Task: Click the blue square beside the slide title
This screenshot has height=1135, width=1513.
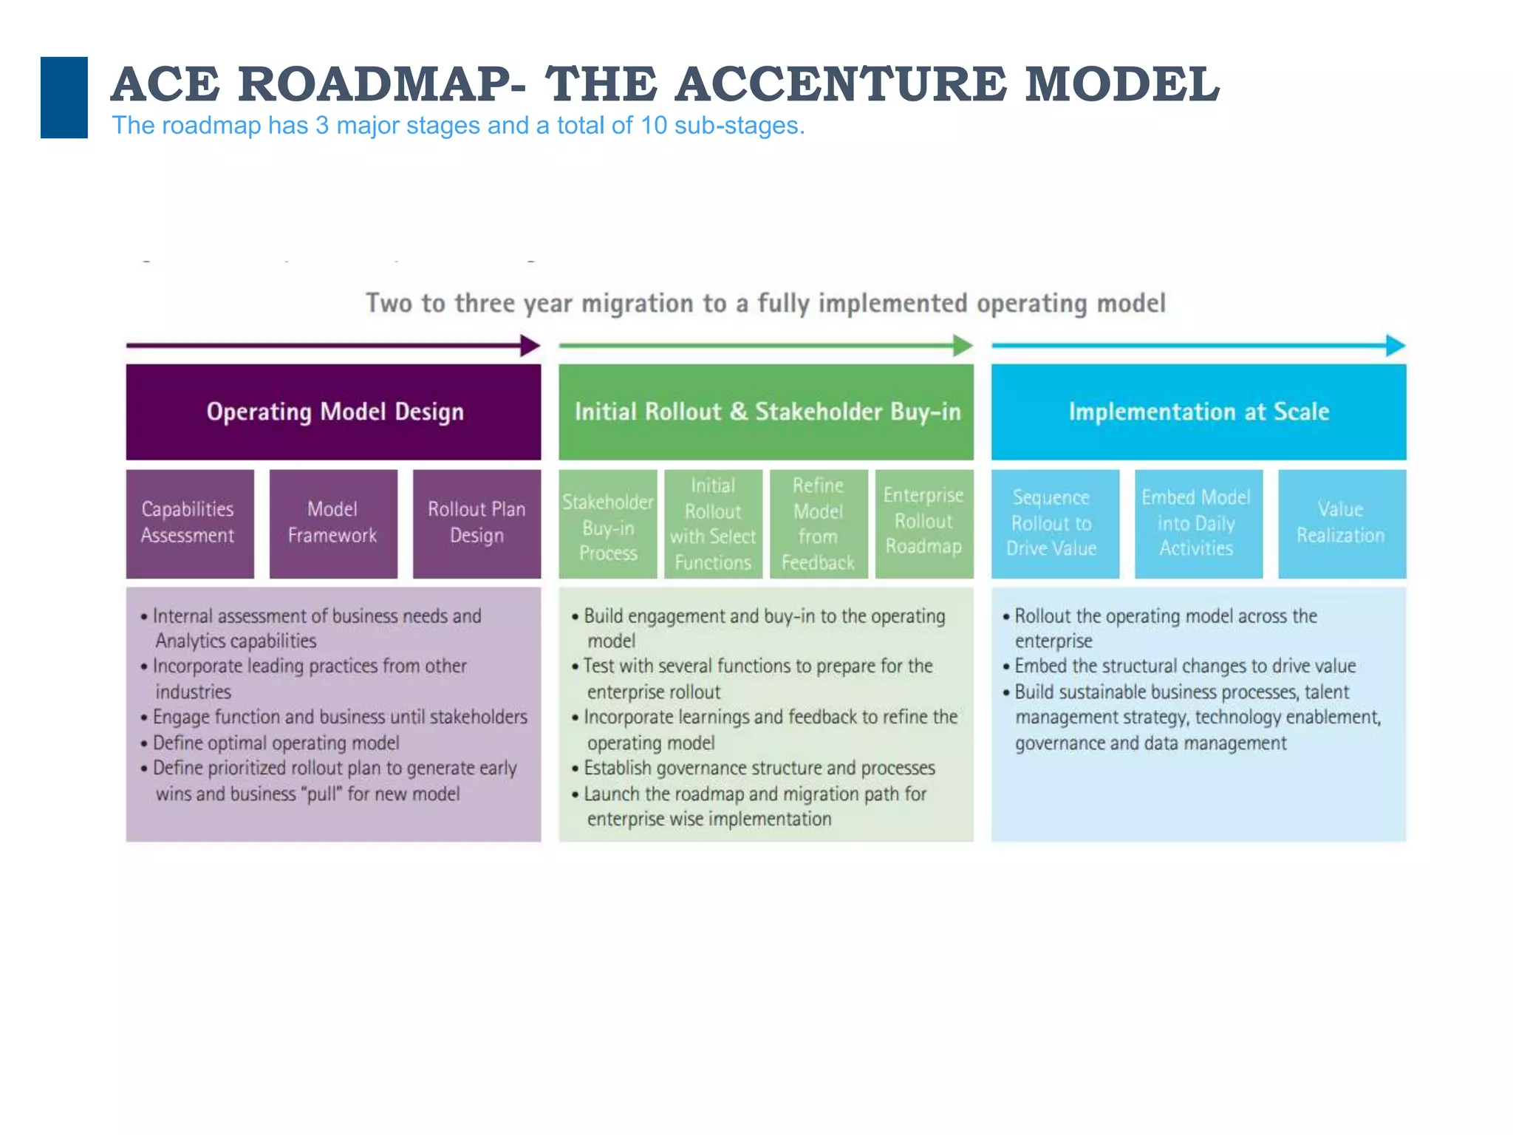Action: point(64,97)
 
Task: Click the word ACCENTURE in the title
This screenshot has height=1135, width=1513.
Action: point(841,83)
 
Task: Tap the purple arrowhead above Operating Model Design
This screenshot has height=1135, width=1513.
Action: point(530,345)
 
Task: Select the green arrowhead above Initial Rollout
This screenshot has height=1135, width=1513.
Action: point(962,345)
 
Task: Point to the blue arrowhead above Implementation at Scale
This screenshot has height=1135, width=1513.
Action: point(1395,345)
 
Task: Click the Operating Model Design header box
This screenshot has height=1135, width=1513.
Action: point(333,412)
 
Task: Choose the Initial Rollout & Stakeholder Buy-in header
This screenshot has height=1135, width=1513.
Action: point(766,412)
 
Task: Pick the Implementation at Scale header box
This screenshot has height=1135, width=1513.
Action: point(1198,412)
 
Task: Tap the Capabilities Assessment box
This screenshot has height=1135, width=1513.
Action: point(190,523)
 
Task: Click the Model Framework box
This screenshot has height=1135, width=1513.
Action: point(333,523)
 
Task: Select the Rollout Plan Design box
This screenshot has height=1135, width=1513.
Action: point(477,523)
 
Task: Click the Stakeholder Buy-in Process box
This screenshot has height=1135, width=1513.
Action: point(607,523)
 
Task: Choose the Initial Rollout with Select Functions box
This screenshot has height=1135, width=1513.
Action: point(713,523)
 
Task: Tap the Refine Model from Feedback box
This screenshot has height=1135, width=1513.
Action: point(819,523)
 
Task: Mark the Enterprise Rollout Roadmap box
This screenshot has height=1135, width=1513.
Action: point(924,523)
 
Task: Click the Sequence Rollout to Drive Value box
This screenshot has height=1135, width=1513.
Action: point(1055,523)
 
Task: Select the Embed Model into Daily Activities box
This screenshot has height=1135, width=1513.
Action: point(1198,523)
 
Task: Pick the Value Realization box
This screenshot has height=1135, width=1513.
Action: point(1342,523)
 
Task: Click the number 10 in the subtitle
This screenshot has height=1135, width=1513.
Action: point(654,126)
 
